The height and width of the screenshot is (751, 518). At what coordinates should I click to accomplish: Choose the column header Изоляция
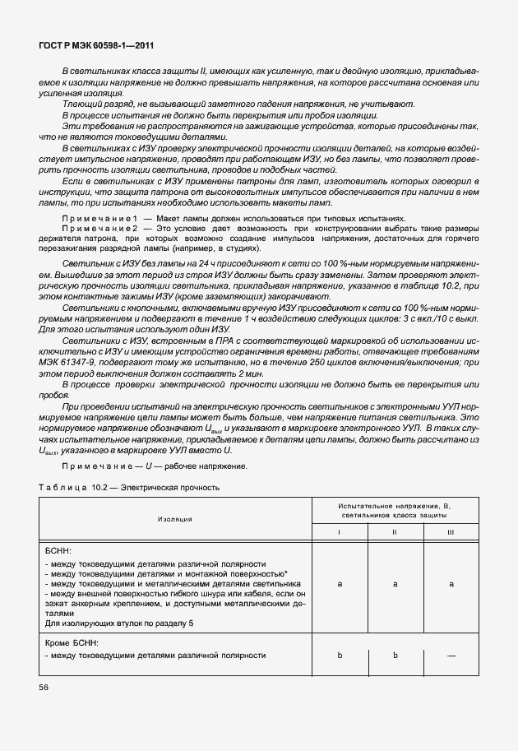175,520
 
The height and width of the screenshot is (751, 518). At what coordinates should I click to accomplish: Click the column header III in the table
450,532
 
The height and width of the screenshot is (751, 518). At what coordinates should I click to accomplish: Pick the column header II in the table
395,532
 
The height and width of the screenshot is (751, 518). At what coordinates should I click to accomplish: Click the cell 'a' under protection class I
340,583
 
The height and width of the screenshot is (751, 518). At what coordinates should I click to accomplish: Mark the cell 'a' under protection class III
450,583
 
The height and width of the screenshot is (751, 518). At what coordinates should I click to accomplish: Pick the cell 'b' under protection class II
395,656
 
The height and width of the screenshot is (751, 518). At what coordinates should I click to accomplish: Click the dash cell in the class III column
450,656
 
